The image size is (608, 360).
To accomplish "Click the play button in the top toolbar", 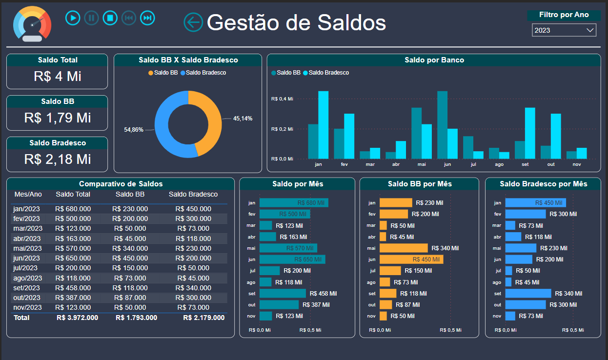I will pyautogui.click(x=73, y=18).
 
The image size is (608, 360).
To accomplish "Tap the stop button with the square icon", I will pyautogui.click(x=110, y=18).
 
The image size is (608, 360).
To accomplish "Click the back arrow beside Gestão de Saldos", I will pyautogui.click(x=193, y=22).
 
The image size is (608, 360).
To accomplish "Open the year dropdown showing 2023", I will pyautogui.click(x=564, y=30).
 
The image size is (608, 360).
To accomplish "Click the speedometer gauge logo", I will pyautogui.click(x=32, y=24).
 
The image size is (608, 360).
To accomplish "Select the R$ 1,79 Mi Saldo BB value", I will pyautogui.click(x=57, y=118).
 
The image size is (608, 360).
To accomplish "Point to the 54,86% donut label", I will pyautogui.click(x=134, y=130).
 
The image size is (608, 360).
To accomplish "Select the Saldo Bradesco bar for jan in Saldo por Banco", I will pyautogui.click(x=323, y=125).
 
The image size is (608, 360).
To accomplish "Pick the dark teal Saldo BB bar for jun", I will pyautogui.click(x=442, y=125).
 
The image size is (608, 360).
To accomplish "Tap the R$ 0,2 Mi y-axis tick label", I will pyautogui.click(x=282, y=129).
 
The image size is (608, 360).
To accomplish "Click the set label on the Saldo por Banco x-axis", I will pyautogui.click(x=525, y=164).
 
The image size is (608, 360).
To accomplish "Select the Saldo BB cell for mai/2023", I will pyautogui.click(x=130, y=248).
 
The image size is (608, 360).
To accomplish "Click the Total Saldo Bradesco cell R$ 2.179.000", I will pyautogui.click(x=203, y=318).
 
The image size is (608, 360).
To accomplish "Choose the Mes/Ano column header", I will pyautogui.click(x=28, y=194).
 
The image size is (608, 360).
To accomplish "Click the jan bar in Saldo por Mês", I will pyautogui.click(x=293, y=202).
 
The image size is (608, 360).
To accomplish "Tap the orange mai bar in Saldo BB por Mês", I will pyautogui.click(x=403, y=248).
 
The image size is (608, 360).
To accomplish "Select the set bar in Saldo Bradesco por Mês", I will pyautogui.click(x=527, y=293).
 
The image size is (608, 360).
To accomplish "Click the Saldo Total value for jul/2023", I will pyautogui.click(x=73, y=268).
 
